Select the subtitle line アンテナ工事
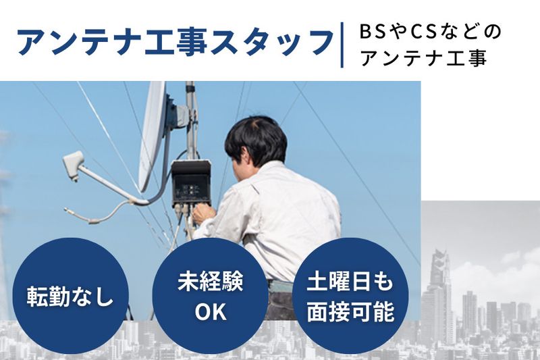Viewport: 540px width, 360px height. [x=423, y=58]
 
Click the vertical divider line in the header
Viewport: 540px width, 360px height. [x=342, y=45]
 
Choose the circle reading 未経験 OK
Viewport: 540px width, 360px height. [x=210, y=296]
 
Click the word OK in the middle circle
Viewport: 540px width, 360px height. [x=210, y=312]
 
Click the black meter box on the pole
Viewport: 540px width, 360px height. [x=191, y=182]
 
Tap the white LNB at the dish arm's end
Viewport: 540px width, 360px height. [x=73, y=164]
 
